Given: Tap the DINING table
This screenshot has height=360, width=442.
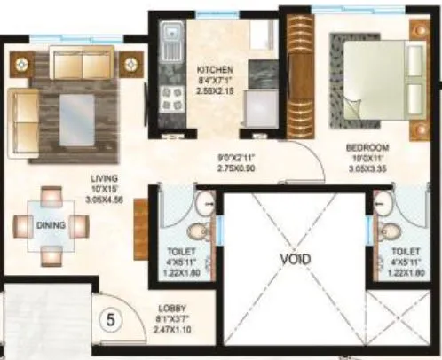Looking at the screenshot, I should (x=51, y=226).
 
